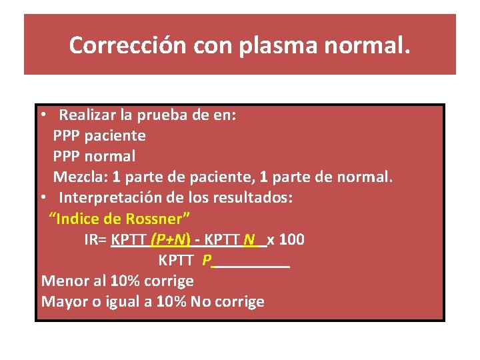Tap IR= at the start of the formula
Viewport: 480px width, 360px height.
coord(97,239)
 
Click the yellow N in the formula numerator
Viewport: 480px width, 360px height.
coord(249,239)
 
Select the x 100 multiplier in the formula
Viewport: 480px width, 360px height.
coord(286,239)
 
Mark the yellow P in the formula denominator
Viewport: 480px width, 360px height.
coord(206,260)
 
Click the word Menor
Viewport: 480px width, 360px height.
coord(63,281)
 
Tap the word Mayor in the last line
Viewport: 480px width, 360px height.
coord(63,301)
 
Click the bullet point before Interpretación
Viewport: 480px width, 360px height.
coord(42,198)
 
